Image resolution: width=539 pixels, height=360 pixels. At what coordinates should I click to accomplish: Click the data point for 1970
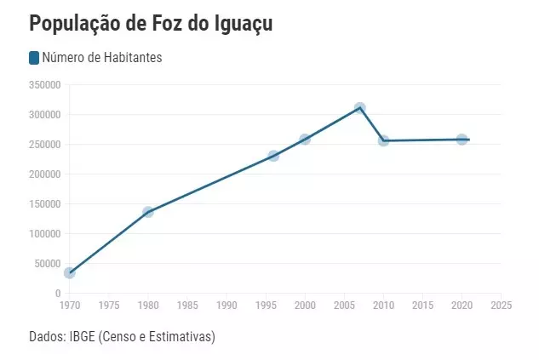(x=70, y=272)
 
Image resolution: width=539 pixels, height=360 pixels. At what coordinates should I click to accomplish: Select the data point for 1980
(x=148, y=212)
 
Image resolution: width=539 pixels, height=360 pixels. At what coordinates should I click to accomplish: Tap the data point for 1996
(x=273, y=156)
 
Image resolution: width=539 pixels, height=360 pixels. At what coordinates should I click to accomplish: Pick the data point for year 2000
(x=305, y=139)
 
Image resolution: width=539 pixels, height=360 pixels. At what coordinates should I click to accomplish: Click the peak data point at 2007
(x=360, y=108)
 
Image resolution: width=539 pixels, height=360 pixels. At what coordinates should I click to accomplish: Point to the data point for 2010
(x=383, y=140)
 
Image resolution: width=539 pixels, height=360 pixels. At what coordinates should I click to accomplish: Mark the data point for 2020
(x=462, y=139)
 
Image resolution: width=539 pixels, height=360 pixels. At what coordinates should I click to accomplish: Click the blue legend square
(x=34, y=58)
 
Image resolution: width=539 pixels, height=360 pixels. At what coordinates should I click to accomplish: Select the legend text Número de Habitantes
(x=102, y=58)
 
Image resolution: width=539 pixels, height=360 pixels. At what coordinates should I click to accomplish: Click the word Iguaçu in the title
(x=236, y=24)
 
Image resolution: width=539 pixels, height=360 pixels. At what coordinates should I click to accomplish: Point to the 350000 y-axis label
(x=44, y=85)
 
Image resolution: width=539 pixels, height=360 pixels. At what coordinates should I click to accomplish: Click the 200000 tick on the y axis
(x=44, y=174)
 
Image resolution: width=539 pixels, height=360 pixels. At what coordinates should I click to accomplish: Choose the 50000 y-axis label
(x=47, y=264)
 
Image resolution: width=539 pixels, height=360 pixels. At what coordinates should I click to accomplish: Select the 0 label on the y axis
(x=57, y=294)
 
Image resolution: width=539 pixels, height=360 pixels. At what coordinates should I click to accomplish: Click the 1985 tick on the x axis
(x=187, y=305)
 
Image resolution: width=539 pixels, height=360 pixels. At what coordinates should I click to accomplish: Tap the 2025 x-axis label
(x=502, y=305)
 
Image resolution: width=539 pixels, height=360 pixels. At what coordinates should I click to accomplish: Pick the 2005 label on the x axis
(x=344, y=305)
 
